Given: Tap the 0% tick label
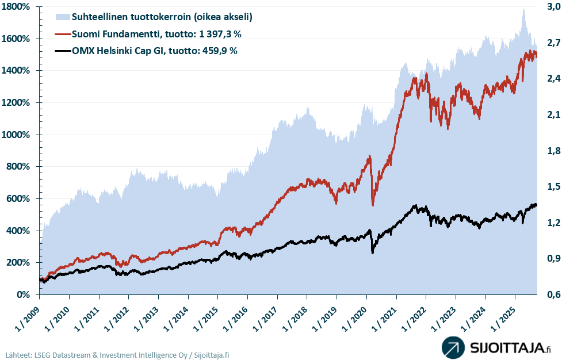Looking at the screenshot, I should coord(25,295).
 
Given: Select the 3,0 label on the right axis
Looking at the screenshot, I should coord(552,7).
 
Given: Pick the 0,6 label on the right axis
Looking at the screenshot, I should coord(552,295).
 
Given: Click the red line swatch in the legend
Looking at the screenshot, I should coord(63,34).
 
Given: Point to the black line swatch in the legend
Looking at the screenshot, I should coord(63,51).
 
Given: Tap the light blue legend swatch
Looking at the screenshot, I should coord(63,17).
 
